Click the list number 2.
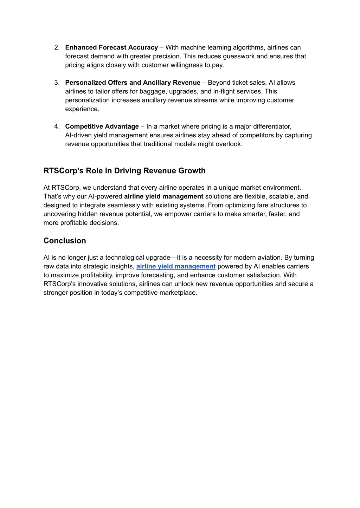tap(57, 47)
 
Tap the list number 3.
tap(57, 83)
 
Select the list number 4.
tap(57, 126)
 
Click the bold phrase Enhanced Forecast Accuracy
tap(111, 47)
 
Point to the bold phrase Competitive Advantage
tap(102, 126)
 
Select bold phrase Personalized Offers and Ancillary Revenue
tap(133, 83)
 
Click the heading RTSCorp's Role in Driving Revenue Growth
tap(124, 171)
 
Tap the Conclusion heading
tap(65, 241)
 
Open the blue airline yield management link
tap(176, 266)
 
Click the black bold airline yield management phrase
tap(163, 196)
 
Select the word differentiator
tap(272, 126)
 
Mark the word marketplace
tap(178, 293)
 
